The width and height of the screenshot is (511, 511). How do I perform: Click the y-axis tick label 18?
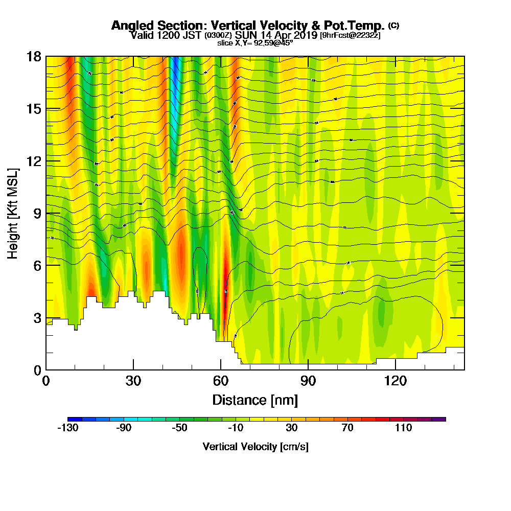point(34,56)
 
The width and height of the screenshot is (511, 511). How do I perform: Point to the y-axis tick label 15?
point(34,109)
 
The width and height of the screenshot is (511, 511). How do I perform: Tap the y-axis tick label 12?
point(34,161)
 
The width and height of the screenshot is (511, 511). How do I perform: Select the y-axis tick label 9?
point(37,213)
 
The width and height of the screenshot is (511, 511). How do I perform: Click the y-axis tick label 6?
point(37,265)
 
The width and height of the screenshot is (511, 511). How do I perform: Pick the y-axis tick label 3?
point(37,318)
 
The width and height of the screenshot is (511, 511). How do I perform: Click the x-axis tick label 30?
point(133,381)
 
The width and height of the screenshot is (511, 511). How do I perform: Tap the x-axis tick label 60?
point(221,381)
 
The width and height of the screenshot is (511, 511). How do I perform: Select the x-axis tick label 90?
point(308,381)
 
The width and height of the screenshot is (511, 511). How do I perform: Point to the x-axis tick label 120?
point(396,381)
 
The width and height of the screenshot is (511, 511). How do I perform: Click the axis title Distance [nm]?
point(255,400)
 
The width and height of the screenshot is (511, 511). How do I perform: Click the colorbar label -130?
point(67,428)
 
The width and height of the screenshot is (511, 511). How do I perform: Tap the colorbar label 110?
point(404,428)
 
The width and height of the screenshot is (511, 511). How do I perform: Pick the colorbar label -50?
point(180,428)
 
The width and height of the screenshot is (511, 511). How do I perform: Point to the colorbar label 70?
point(347,428)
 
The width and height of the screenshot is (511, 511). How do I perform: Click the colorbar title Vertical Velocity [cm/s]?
point(255,447)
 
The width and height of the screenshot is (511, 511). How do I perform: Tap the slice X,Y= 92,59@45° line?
point(255,43)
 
